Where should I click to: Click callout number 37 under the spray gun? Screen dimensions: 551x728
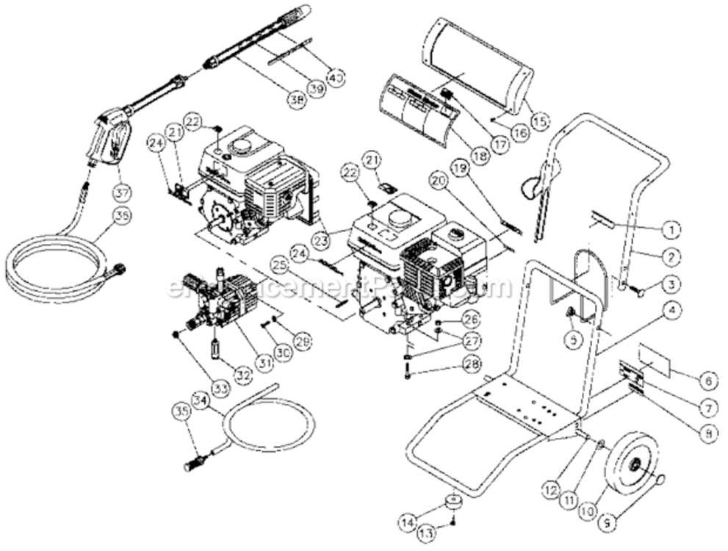123,192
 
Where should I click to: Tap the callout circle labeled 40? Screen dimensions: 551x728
335,76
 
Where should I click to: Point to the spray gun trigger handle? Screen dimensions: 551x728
110,140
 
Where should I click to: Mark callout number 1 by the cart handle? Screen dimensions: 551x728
669,229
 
